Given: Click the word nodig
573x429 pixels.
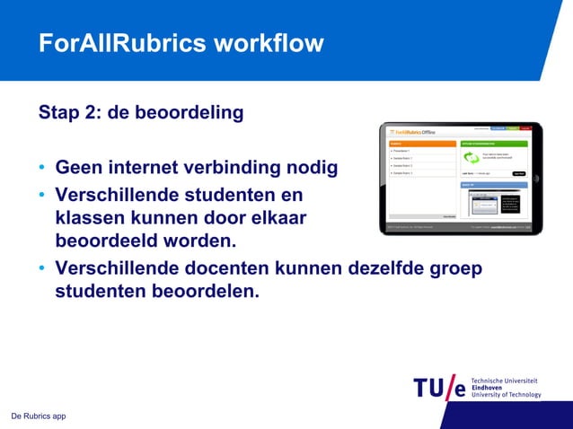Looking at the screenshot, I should click(308, 168).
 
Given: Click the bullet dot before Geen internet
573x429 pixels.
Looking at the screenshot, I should click(42, 169).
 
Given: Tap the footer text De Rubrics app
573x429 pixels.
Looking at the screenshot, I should click(38, 416).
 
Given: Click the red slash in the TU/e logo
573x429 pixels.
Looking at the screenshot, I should click(451, 387).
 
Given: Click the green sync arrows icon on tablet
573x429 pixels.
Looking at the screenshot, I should click(471, 157).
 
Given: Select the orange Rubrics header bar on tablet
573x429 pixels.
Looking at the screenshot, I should click(422, 143).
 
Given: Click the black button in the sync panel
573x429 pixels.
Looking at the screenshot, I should click(518, 173).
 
